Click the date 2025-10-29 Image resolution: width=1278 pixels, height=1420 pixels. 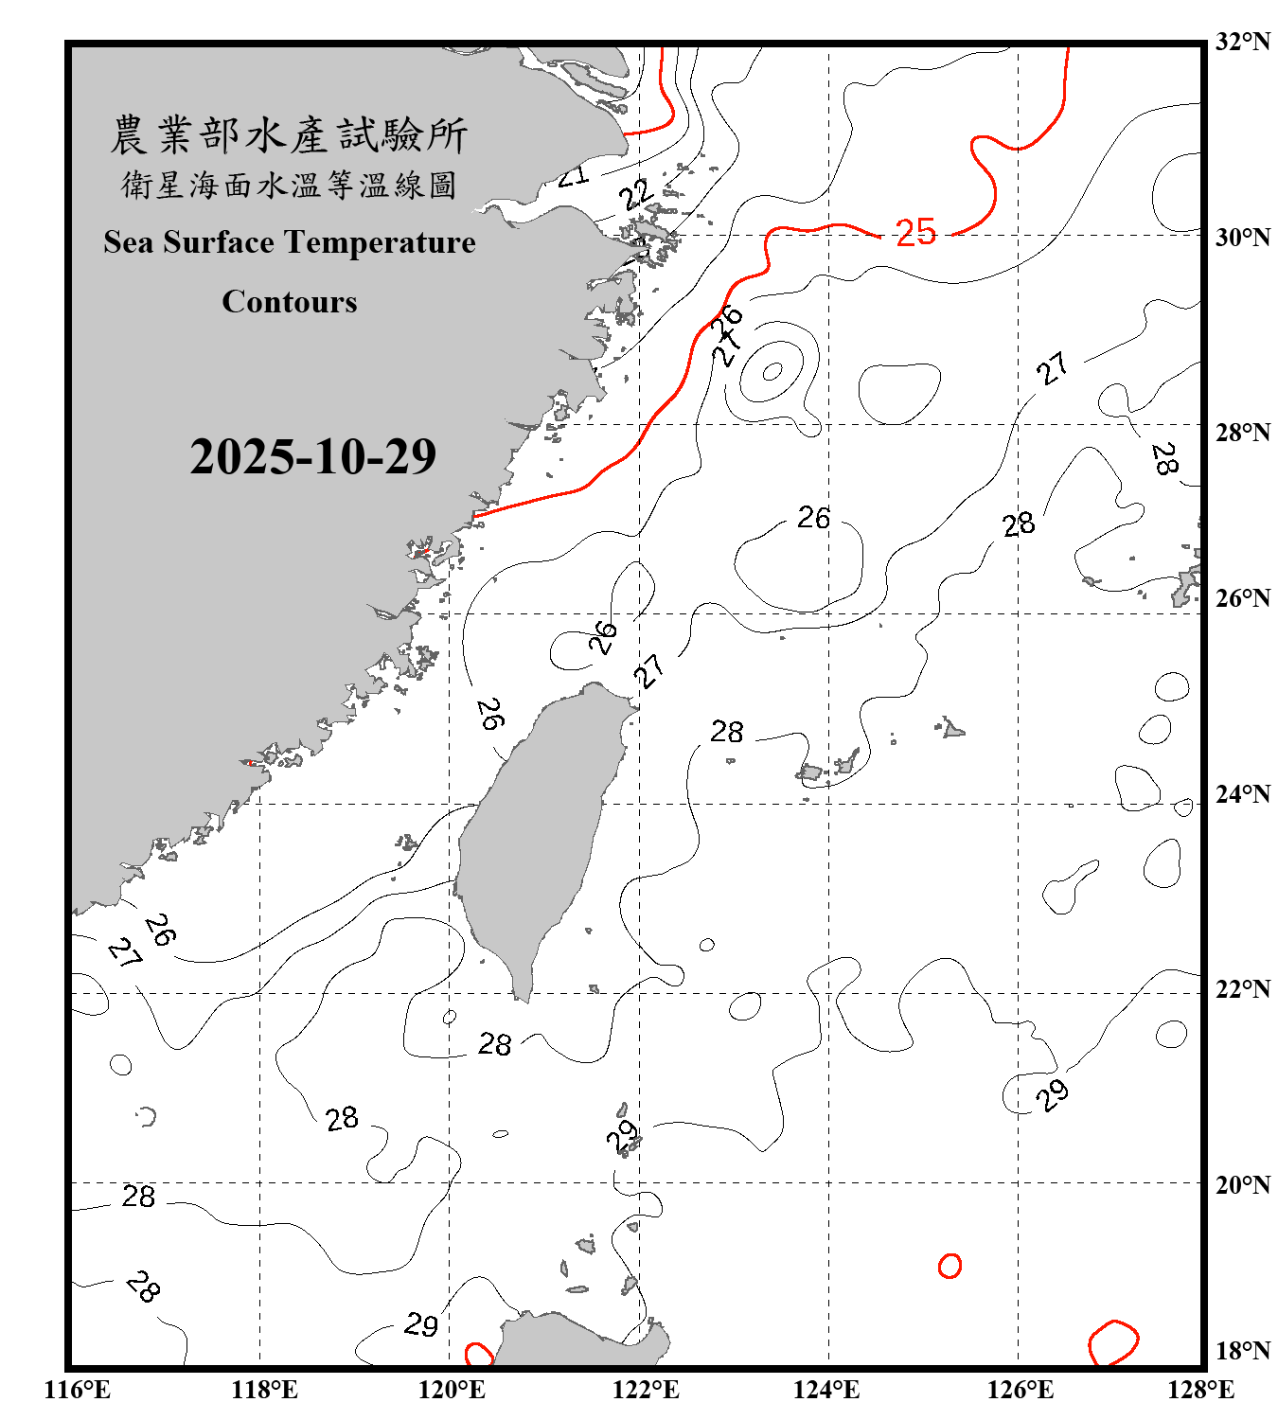pyautogui.click(x=312, y=456)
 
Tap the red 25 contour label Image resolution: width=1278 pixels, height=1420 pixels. pyautogui.click(x=915, y=232)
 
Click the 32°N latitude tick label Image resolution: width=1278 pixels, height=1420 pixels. pyautogui.click(x=1242, y=42)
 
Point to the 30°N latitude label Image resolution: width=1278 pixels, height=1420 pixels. pyautogui.click(x=1242, y=237)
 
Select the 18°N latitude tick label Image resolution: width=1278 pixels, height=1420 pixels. pyautogui.click(x=1242, y=1351)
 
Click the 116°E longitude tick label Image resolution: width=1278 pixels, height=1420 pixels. pyautogui.click(x=78, y=1390)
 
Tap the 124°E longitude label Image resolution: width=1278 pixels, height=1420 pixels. pyautogui.click(x=826, y=1390)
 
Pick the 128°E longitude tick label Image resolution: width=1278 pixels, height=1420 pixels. pyautogui.click(x=1200, y=1390)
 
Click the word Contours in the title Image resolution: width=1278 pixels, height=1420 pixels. pyautogui.click(x=290, y=302)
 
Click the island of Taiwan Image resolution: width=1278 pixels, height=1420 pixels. pyautogui.click(x=540, y=833)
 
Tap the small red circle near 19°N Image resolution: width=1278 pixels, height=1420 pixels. pyautogui.click(x=950, y=1266)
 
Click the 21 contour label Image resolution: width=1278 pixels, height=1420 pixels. pyautogui.click(x=573, y=175)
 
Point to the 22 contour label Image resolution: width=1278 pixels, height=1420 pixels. pyautogui.click(x=636, y=194)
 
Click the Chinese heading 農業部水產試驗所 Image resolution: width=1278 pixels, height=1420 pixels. pyautogui.click(x=290, y=134)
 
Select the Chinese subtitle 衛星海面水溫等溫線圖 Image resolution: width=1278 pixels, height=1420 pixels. pyautogui.click(x=290, y=186)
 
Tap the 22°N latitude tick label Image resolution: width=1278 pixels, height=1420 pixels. pyautogui.click(x=1242, y=989)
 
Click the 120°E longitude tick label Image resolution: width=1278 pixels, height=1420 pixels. pyautogui.click(x=452, y=1390)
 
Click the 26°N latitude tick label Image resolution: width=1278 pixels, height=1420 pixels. pyautogui.click(x=1242, y=598)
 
